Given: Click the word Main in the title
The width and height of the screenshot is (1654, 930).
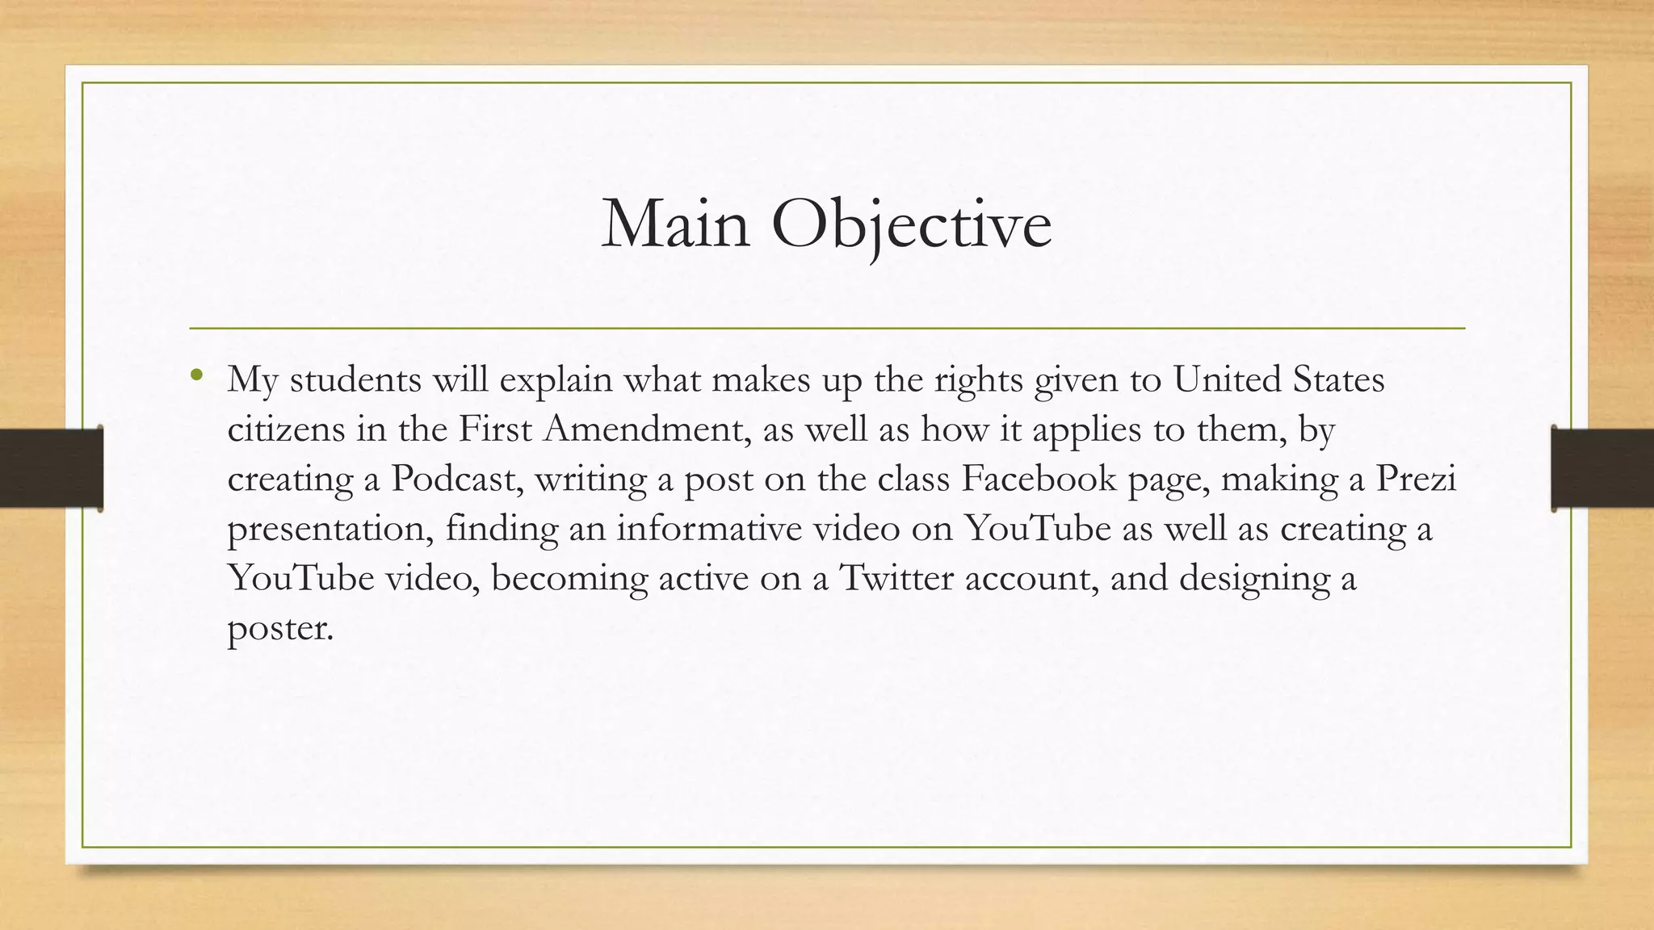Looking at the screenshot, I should tap(675, 224).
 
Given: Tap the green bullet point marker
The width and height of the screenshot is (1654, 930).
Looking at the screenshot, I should tap(195, 375).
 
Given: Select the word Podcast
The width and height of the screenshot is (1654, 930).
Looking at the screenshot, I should tap(455, 479).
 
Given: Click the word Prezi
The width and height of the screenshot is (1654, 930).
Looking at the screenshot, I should tap(1416, 479).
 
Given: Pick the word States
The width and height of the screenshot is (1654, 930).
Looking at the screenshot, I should tap(1339, 379).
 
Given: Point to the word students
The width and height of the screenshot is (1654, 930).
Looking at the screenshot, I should tap(355, 379).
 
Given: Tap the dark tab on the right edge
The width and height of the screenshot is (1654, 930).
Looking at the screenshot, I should tap(1602, 468).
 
